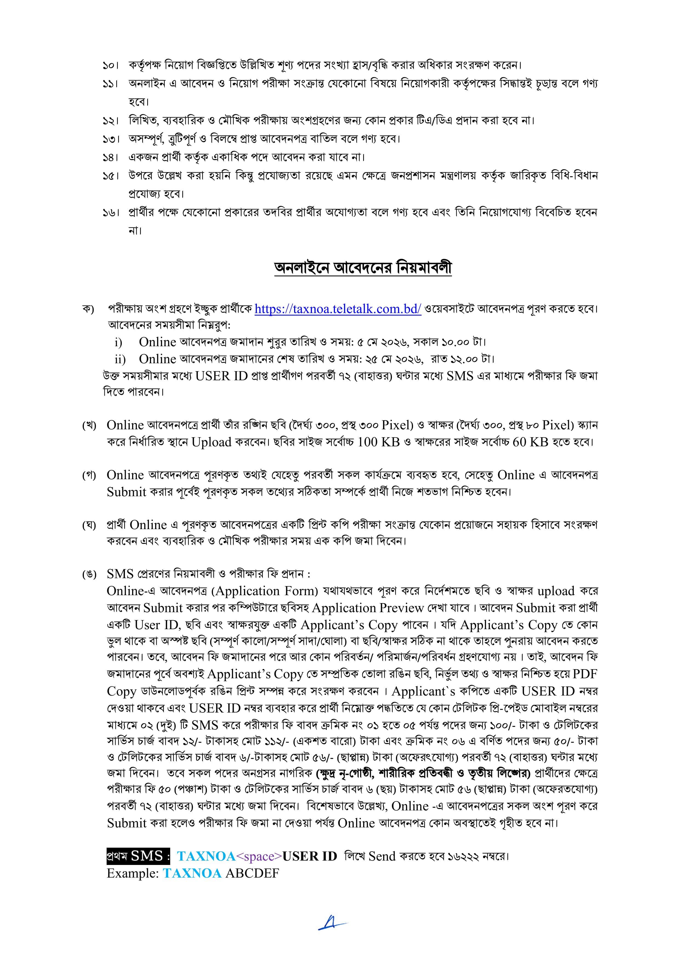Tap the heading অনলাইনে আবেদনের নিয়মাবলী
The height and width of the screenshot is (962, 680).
363,268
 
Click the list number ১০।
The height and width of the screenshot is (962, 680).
111,65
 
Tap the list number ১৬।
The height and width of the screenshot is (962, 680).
111,212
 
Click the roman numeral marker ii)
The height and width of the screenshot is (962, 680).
120,359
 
